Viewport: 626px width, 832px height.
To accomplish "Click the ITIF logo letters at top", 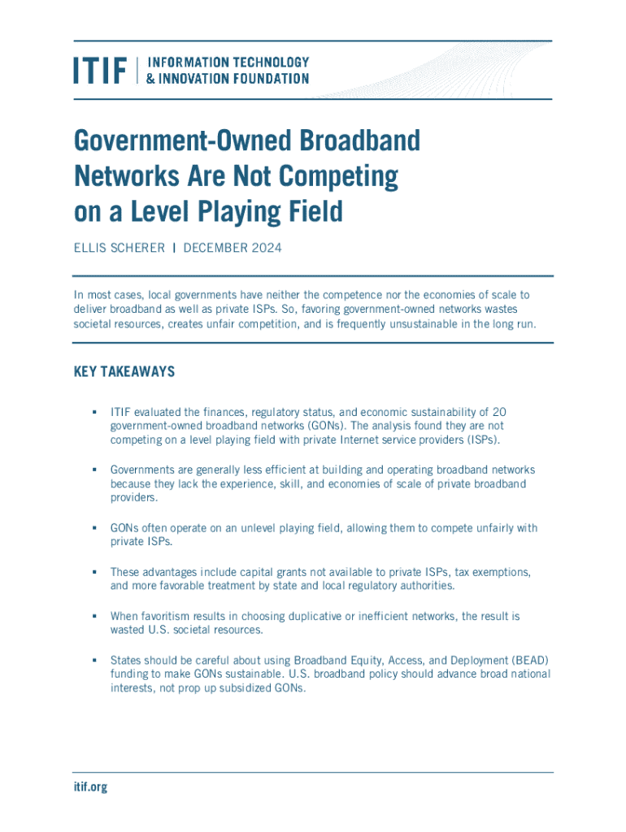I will [x=101, y=70].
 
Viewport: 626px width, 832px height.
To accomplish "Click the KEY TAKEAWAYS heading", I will [x=124, y=371].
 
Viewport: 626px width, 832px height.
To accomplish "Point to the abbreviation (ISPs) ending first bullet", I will [x=483, y=440].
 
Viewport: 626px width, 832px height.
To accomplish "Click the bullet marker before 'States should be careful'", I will [x=94, y=660].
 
